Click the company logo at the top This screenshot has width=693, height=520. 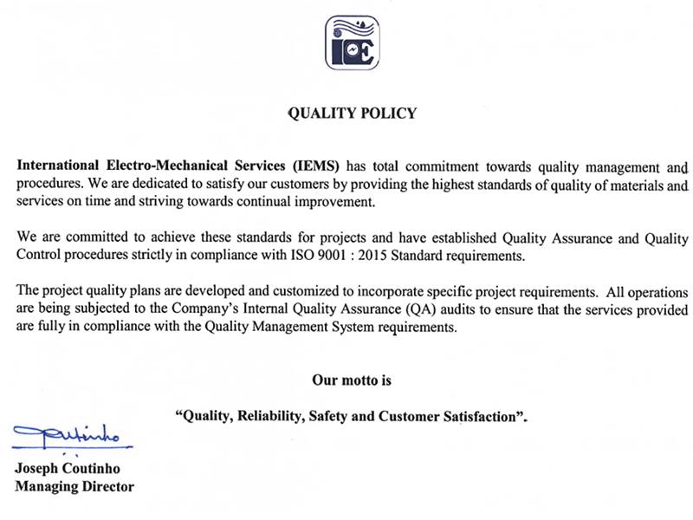click(353, 42)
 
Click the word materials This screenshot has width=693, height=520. click(635, 185)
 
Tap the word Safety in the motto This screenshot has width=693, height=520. click(327, 416)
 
